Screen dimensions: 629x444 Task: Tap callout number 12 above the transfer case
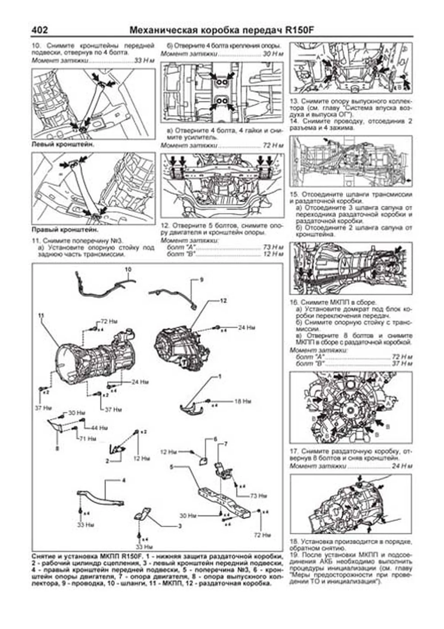point(223,301)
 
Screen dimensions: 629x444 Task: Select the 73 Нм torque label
point(259,496)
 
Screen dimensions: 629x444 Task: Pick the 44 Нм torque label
point(100,428)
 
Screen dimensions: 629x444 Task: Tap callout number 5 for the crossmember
point(171,467)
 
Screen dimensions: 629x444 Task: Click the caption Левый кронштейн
point(63,144)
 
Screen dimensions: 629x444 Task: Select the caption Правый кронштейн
point(65,230)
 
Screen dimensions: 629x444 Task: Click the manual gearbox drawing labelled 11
point(91,355)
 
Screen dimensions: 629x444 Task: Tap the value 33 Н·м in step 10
point(144,60)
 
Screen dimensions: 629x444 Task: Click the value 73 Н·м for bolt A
point(273,247)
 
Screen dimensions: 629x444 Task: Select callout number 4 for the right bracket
point(124,481)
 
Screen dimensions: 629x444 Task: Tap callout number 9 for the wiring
point(202,280)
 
